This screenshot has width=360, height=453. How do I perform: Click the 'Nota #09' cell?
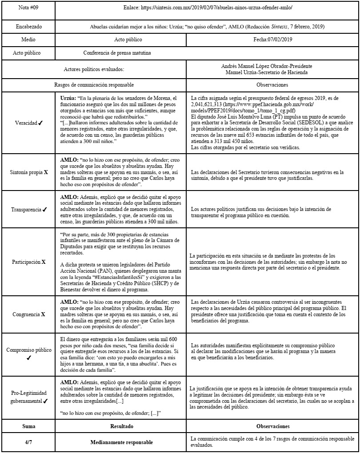[x=28, y=8]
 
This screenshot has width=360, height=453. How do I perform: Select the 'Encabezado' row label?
[x=28, y=27]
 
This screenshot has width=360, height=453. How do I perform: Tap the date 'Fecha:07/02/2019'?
[x=273, y=40]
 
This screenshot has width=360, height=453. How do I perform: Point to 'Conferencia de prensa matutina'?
[x=117, y=52]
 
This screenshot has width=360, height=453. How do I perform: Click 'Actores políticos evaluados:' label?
[x=94, y=69]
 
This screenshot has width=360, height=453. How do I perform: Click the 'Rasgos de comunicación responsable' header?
[x=94, y=84]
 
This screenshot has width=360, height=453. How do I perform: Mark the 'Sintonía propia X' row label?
[x=28, y=171]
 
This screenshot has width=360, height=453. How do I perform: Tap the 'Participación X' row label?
[x=28, y=262]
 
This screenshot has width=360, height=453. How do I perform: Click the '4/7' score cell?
[x=28, y=442]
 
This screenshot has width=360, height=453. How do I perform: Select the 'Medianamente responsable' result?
[x=121, y=442]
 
